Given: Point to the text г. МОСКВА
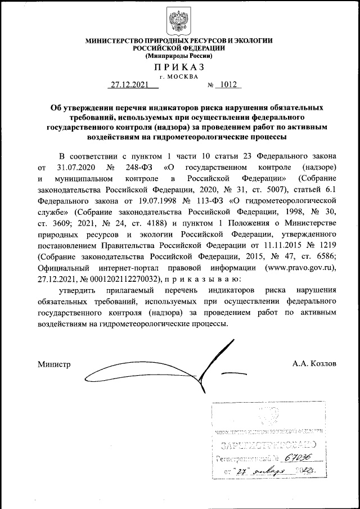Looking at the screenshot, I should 179,76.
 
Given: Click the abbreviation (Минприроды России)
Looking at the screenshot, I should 179,56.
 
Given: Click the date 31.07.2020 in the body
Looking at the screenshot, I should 76,168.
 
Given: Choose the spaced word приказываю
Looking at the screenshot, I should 203,278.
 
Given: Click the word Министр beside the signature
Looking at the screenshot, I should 54,364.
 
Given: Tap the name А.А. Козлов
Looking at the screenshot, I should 314,364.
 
